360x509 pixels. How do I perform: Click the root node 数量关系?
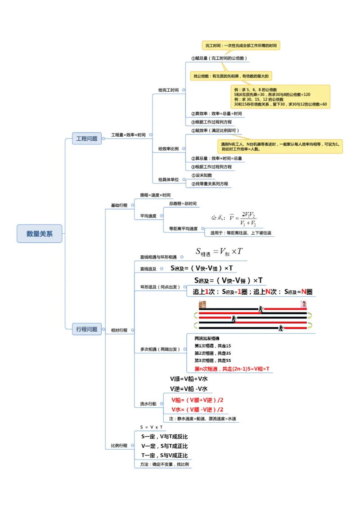[40, 234]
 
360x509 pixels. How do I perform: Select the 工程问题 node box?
[87, 138]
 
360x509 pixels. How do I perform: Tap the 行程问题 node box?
[87, 329]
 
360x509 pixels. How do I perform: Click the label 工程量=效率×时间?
[128, 135]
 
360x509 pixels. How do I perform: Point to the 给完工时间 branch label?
[168, 90]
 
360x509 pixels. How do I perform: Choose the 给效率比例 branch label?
[168, 148]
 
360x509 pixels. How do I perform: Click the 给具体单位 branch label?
[168, 179]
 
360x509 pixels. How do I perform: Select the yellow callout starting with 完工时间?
[241, 45]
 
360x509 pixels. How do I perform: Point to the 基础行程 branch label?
[119, 205]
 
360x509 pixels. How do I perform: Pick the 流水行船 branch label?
[148, 404]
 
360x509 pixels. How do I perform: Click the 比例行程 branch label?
[119, 446]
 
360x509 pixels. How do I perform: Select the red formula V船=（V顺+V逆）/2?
[197, 400]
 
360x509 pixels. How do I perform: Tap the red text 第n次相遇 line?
[232, 369]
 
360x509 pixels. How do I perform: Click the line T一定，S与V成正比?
[164, 455]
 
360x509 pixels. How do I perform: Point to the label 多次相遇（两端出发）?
[160, 349]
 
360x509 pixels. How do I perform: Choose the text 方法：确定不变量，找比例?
[164, 464]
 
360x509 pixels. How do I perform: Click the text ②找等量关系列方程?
[210, 183]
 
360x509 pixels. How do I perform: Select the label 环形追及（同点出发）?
[160, 287]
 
